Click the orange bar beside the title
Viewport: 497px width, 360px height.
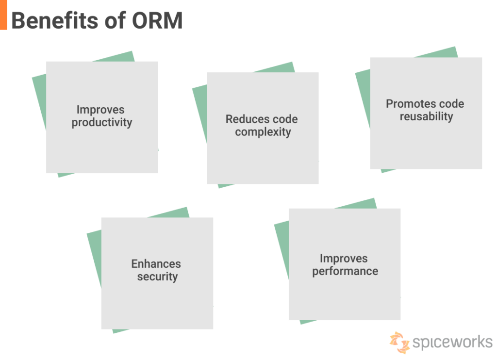(x=3, y=15)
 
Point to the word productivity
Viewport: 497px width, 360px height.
(x=101, y=123)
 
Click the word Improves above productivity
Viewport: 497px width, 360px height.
(x=100, y=110)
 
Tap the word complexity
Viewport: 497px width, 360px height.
(x=263, y=132)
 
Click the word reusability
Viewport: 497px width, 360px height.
(x=426, y=116)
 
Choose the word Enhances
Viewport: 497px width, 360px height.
(x=156, y=264)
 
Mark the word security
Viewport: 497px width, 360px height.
(x=157, y=277)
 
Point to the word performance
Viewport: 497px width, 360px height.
(x=345, y=271)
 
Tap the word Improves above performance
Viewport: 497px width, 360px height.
(x=343, y=259)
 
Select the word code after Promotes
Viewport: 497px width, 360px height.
(x=451, y=104)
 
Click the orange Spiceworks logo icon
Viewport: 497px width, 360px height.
(x=399, y=342)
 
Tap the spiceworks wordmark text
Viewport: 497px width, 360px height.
(x=452, y=342)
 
